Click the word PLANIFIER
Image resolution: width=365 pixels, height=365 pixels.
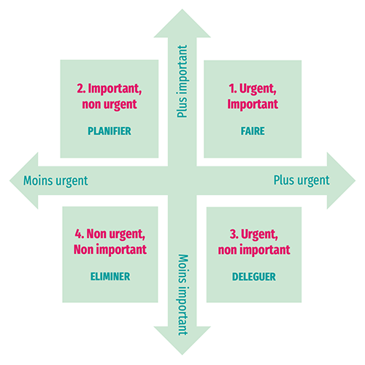tap(109, 131)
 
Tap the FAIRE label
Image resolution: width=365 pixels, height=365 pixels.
tap(253, 131)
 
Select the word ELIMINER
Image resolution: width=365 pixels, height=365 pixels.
tap(110, 277)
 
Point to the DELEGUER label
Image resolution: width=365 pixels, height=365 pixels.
tap(254, 277)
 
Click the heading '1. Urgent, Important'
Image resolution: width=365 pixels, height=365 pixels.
tap(253, 96)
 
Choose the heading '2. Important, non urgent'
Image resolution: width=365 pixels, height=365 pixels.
tap(109, 96)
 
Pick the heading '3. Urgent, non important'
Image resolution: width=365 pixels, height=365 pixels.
tap(254, 242)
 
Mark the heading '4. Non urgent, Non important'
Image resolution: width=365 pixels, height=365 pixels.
tap(110, 242)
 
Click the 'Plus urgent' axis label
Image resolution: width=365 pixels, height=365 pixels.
tap(301, 180)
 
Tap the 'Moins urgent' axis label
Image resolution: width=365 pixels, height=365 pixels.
tap(55, 181)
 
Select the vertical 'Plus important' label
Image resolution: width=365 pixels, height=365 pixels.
tap(182, 81)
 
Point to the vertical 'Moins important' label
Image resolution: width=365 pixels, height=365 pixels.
tap(183, 295)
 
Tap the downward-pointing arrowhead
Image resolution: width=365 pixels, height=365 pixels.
tap(182, 339)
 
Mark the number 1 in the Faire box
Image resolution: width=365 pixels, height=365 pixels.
tap(231, 88)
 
